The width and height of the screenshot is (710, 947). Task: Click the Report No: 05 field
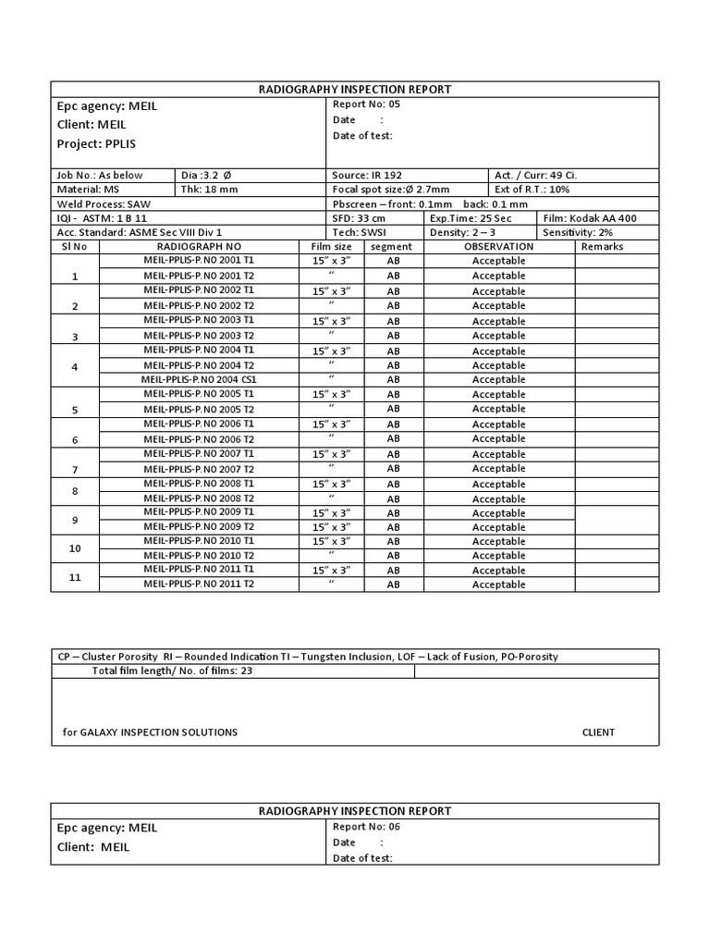coord(366,105)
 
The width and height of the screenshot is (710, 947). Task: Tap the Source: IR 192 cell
coord(367,175)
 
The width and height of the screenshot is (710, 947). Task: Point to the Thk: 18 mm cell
coord(209,190)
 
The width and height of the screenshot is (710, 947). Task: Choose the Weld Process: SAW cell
coord(96,204)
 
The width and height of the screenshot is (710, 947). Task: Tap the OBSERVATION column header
coord(498,247)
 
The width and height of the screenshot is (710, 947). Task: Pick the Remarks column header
coord(602,247)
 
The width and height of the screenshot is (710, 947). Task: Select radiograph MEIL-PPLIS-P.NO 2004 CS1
coord(198,379)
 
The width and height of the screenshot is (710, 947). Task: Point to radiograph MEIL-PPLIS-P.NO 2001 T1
coord(198,261)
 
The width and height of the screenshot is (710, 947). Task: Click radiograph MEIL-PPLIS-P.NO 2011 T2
coord(198,584)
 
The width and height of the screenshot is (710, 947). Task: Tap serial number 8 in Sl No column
coord(75,491)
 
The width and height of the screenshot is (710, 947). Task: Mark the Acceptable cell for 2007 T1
coord(498,454)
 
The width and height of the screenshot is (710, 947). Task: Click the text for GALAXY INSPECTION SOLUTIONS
coord(150,732)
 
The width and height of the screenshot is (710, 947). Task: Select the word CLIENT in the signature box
coord(598,732)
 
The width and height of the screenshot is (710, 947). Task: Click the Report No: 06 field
coord(366,827)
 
